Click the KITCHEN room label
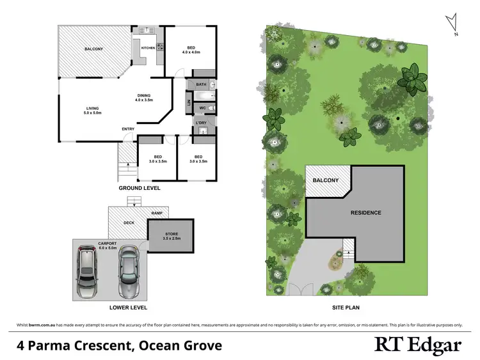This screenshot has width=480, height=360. [x=147, y=48]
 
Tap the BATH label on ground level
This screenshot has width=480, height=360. [x=201, y=84]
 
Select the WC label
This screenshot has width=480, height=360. [x=202, y=109]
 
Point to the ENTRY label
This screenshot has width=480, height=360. [x=128, y=129]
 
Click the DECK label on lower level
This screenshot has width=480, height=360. [x=128, y=223]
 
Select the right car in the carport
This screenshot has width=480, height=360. [x=128, y=273]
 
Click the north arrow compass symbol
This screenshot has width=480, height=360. [x=454, y=24]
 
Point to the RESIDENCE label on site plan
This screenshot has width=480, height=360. [x=365, y=213]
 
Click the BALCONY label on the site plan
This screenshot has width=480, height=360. [x=325, y=180]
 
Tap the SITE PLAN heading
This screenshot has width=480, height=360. [x=346, y=307]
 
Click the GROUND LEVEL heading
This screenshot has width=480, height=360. [x=140, y=189]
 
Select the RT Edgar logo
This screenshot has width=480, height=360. [x=417, y=346]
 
